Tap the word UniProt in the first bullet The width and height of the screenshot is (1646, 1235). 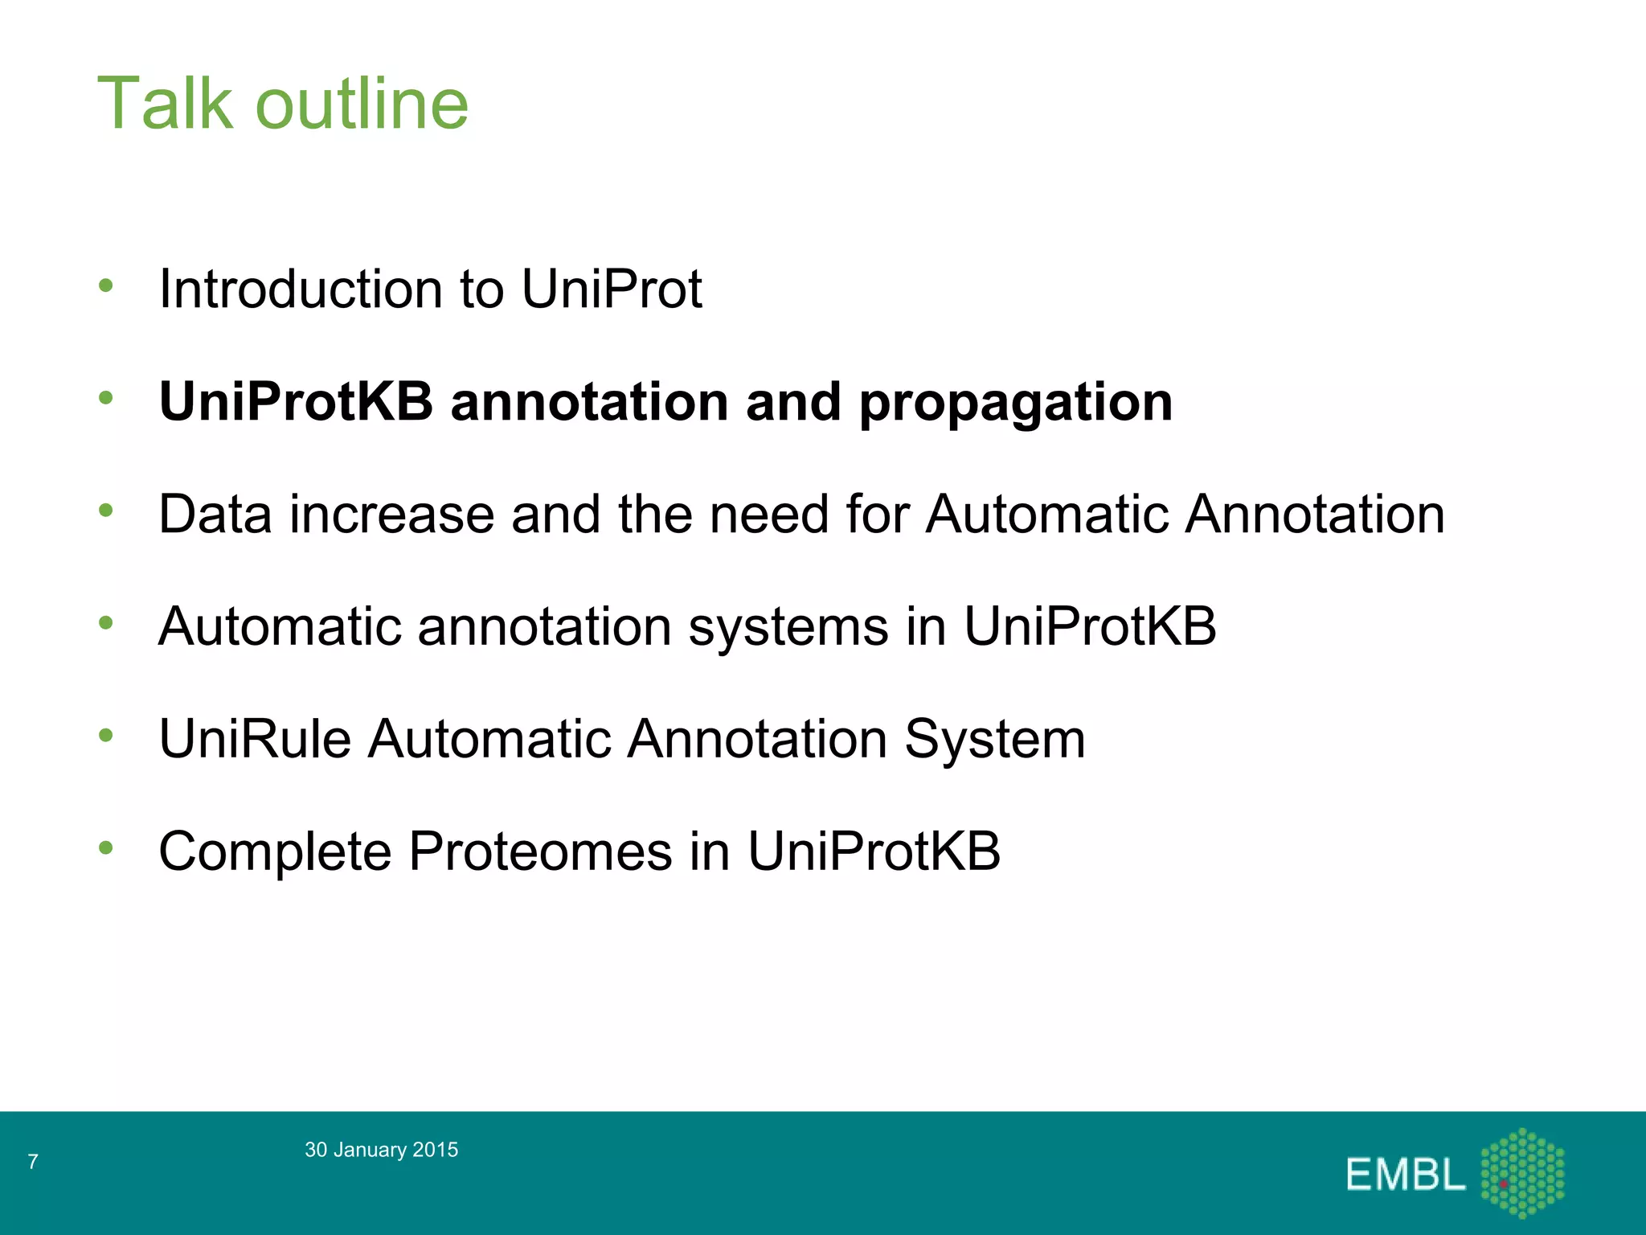coord(612,289)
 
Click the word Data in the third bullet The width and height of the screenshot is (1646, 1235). coord(215,514)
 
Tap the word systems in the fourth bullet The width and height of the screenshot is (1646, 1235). coord(788,626)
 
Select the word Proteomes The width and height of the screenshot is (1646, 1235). coord(539,851)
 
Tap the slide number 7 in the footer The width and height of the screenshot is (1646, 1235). coord(33,1161)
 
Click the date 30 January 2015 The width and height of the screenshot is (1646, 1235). coord(381,1150)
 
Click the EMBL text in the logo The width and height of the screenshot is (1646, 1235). coord(1404,1175)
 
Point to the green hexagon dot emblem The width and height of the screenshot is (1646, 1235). coord(1522,1172)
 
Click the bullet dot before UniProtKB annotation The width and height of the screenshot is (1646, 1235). coord(106,397)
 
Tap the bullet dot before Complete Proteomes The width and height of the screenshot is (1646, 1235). coord(106,847)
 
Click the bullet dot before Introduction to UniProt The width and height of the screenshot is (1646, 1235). coord(106,285)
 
